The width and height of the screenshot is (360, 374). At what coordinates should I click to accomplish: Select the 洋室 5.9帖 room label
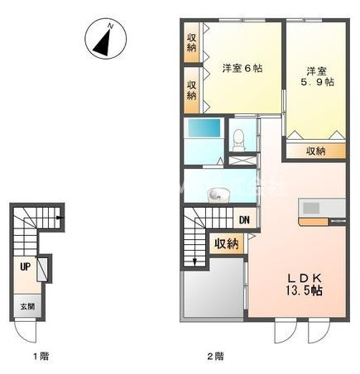(315, 77)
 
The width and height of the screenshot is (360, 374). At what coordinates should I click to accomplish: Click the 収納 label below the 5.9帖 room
(316, 151)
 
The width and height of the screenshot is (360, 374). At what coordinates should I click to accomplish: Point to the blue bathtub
(204, 130)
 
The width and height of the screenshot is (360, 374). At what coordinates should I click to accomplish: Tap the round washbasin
(218, 194)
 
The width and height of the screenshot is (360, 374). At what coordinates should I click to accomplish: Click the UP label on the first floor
(26, 267)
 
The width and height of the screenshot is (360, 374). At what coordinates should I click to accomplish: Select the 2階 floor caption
(215, 357)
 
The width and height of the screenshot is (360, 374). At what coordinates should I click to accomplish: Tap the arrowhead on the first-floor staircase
(59, 219)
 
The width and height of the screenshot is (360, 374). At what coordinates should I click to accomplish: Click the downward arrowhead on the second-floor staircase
(196, 262)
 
